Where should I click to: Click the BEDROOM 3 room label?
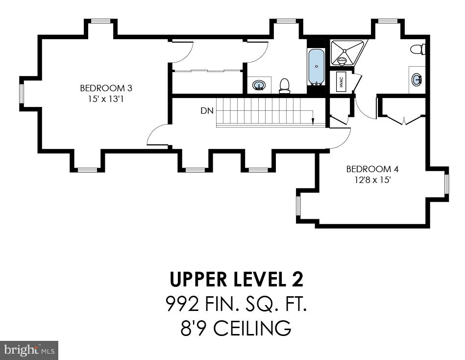(106, 88)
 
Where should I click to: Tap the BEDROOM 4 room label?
(372, 169)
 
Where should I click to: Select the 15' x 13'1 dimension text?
(106, 99)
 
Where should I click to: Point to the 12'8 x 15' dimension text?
(372, 180)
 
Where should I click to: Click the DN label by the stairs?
(207, 111)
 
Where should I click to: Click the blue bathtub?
(317, 67)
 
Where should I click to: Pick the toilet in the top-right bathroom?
(417, 49)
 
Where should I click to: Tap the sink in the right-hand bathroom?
(417, 79)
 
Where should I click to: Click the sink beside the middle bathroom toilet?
(259, 86)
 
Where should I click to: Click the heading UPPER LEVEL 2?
(237, 279)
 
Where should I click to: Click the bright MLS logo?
(29, 350)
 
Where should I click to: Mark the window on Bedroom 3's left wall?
(22, 94)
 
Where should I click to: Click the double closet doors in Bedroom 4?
(404, 118)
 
